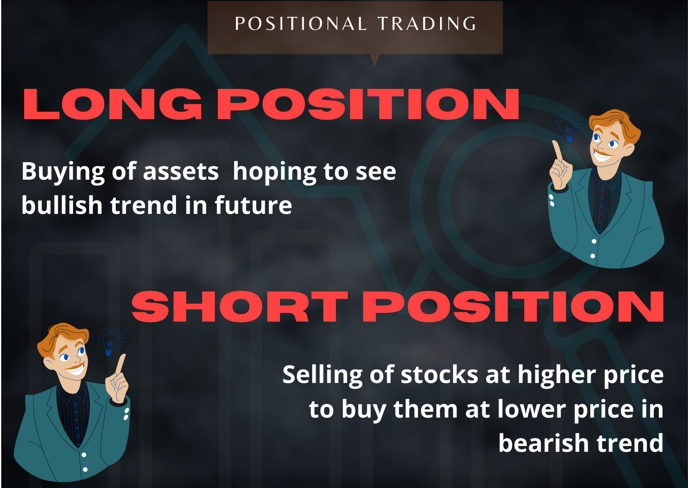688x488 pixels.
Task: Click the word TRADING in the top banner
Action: click(x=427, y=24)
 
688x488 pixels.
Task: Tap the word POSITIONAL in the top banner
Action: click(x=301, y=24)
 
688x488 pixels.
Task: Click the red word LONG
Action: click(x=112, y=104)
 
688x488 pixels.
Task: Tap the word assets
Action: click(x=180, y=172)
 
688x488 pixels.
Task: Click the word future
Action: click(x=253, y=205)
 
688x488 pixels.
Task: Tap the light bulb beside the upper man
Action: click(x=567, y=128)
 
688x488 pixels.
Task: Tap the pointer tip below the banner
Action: click(x=375, y=63)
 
